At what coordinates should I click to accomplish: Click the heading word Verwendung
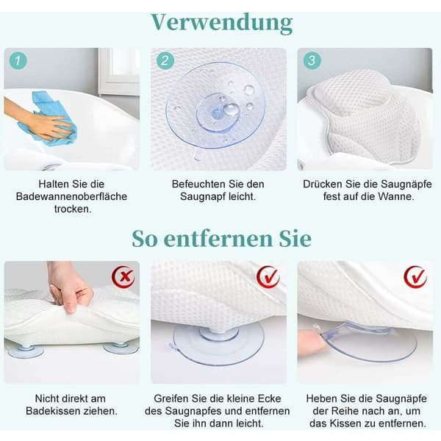coord(222,23)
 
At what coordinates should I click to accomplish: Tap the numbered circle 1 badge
coord(18,60)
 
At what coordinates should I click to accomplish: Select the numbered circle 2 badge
coord(165,60)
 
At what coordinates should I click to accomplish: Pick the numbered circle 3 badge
coord(312,60)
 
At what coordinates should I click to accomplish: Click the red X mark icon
coord(123,277)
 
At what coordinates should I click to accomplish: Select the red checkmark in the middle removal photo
coord(268,277)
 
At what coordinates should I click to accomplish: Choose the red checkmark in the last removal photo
coord(415,277)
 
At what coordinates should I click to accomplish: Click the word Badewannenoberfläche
coord(71,196)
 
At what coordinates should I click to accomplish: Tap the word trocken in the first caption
coord(73,209)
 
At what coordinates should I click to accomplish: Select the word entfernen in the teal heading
coord(218,239)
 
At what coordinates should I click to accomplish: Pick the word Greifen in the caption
coord(171,398)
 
